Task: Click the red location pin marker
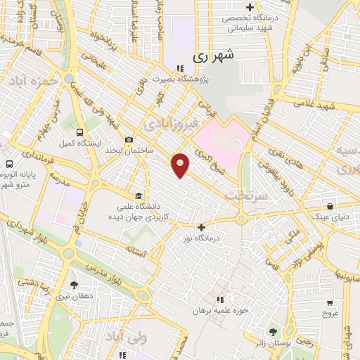[181, 165]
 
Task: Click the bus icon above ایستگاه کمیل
[79, 132]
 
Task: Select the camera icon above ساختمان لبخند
[128, 139]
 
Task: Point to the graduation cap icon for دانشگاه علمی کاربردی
[139, 195]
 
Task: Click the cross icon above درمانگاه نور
[202, 227]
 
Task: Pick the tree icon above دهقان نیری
[74, 285]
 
